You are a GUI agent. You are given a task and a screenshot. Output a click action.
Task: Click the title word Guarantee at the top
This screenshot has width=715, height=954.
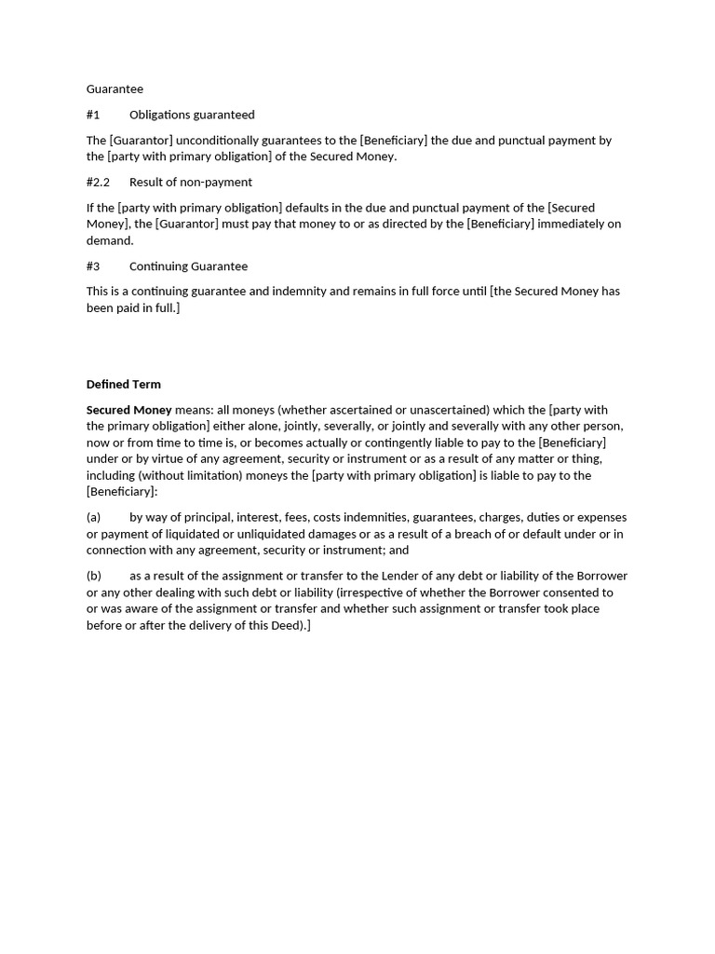[115, 89]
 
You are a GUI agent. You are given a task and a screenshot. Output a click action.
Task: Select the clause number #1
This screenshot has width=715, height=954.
[93, 115]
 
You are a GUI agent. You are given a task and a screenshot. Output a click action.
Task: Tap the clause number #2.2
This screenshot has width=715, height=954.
[98, 182]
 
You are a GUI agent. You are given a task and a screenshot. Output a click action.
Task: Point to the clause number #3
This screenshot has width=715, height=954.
[93, 266]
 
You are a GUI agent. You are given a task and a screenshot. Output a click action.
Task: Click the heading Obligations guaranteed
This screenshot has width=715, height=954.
[192, 115]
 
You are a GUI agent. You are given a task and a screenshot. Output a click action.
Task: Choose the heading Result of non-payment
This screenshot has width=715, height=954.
[191, 182]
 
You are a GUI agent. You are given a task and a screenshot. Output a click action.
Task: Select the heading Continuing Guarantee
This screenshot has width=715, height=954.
[188, 266]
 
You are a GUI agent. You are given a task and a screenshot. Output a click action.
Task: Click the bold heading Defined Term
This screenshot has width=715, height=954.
[124, 384]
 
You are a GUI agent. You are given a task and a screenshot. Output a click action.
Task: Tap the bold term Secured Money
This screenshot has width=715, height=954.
[129, 410]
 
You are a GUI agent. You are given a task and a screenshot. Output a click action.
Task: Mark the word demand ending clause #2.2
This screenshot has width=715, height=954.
[109, 240]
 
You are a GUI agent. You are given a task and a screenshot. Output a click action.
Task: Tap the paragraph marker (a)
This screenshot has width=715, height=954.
[93, 518]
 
